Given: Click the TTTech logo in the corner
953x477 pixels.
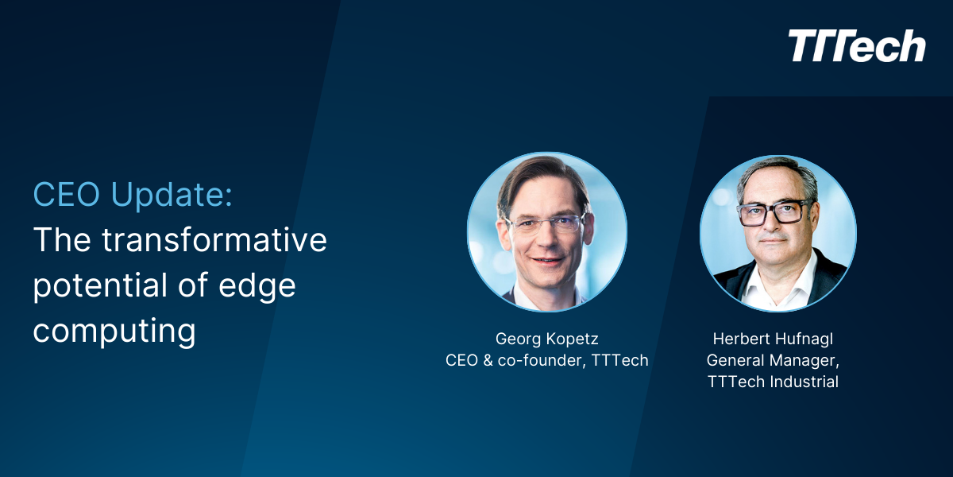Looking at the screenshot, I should point(857,46).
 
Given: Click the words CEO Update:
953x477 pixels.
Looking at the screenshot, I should point(133,195).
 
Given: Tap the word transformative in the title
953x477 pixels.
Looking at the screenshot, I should point(214,240).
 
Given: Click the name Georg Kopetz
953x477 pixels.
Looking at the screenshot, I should point(546,338).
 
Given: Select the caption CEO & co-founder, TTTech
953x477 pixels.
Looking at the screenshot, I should point(546,360).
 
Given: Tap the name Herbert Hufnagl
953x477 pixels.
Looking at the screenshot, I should point(773,338).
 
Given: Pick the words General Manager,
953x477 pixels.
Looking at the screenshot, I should point(773,360).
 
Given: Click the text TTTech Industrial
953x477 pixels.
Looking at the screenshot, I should point(773,382).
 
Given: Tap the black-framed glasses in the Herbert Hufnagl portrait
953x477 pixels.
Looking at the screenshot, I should point(774,212).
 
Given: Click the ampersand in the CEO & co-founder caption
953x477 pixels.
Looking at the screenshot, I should point(489,360).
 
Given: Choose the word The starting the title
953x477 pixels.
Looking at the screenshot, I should point(61,240).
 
